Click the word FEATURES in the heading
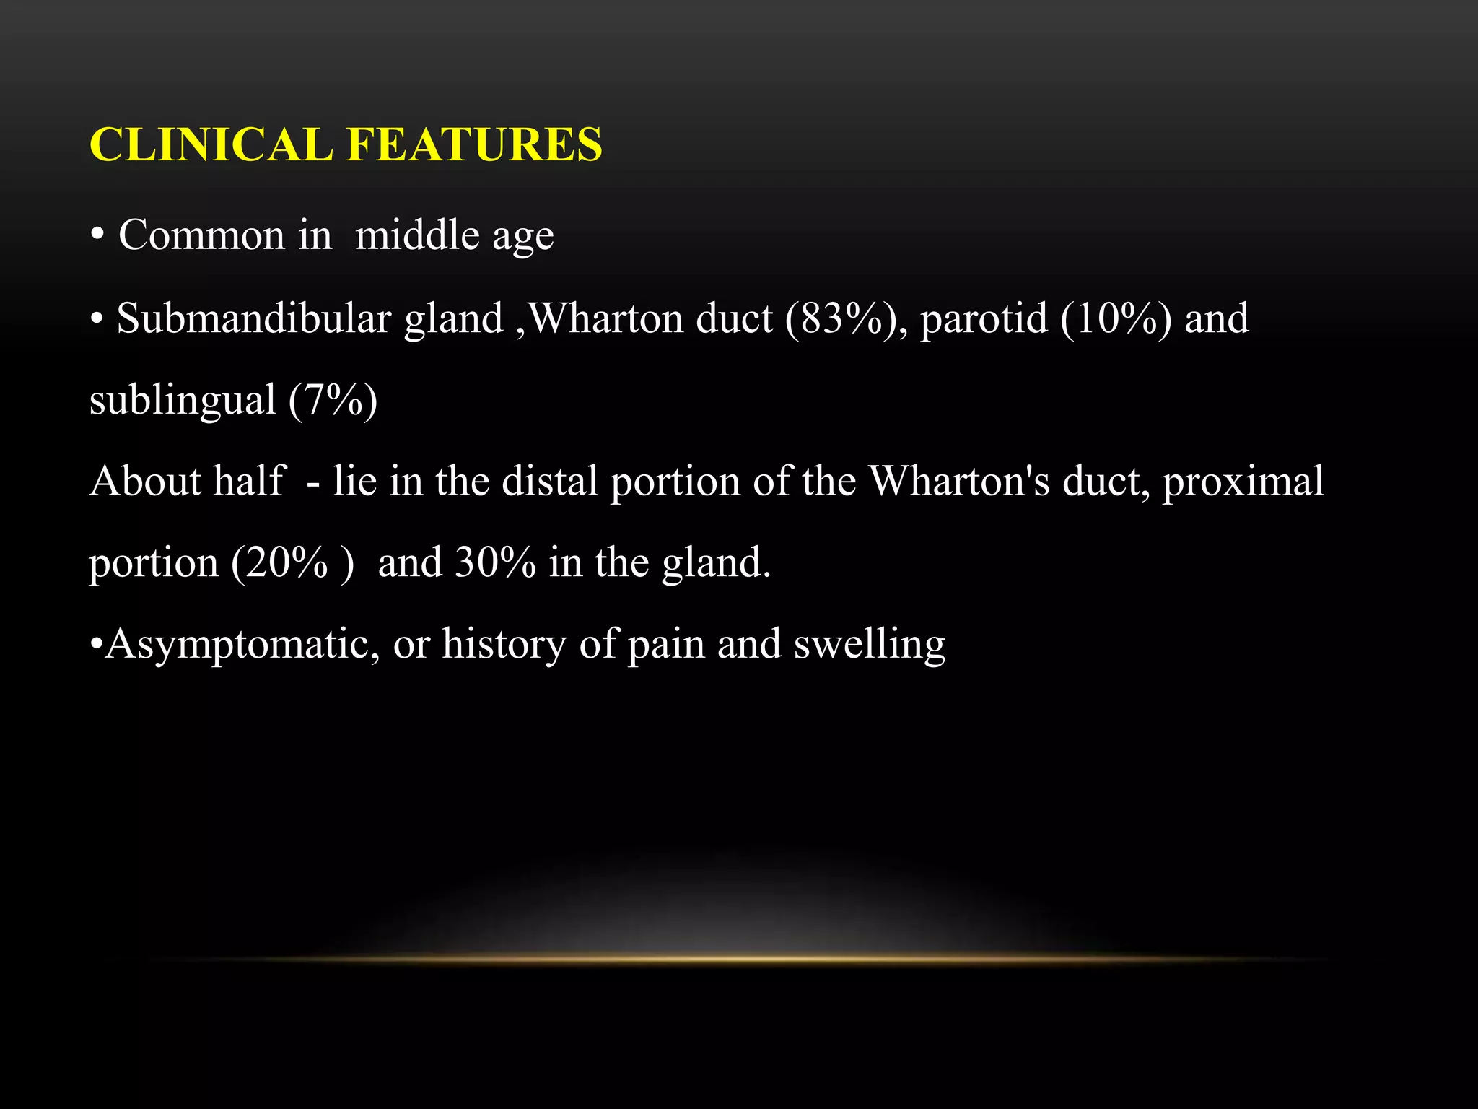(474, 144)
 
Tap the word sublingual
(183, 401)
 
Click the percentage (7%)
(333, 401)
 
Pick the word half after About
(250, 481)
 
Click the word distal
(550, 481)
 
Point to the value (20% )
(292, 562)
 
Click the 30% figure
(496, 562)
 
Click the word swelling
(869, 645)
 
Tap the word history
(504, 645)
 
